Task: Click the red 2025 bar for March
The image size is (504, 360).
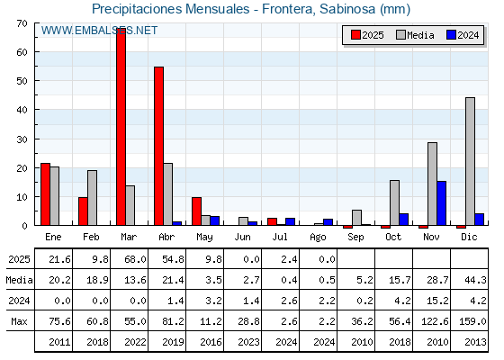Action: tap(121, 127)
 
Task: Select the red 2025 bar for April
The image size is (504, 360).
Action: tap(158, 146)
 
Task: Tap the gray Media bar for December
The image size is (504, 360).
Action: tap(470, 161)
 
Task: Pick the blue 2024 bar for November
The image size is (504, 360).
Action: tap(441, 203)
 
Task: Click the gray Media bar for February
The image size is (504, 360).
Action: tap(92, 198)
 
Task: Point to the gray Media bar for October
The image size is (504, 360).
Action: tap(394, 202)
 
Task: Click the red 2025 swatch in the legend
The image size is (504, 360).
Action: tap(355, 35)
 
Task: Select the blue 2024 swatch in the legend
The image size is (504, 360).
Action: tap(451, 35)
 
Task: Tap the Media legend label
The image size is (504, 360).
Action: tap(420, 35)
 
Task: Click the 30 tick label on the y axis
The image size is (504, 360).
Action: tap(22, 139)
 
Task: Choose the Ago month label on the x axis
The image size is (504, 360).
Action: tap(318, 238)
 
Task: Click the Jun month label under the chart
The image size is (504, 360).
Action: tap(242, 237)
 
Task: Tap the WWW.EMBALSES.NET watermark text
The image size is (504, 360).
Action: tap(99, 31)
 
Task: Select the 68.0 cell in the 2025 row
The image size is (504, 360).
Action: tap(135, 259)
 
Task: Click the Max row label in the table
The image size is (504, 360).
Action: tap(19, 321)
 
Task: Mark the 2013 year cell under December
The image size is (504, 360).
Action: tap(475, 342)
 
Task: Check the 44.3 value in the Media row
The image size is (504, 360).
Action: tap(475, 280)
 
